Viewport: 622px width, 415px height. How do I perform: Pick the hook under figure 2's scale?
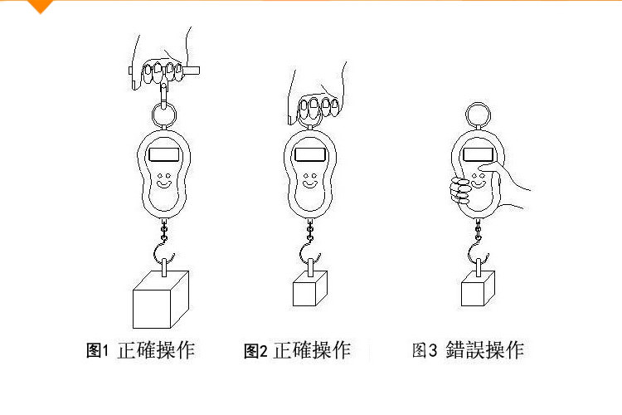(310, 249)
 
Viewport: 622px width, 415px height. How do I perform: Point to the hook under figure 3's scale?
(479, 249)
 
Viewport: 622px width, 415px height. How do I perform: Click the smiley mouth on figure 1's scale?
(164, 188)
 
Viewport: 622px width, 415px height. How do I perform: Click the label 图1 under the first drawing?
(99, 350)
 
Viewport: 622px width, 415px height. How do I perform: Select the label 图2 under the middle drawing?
(255, 351)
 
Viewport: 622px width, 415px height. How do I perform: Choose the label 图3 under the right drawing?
(424, 350)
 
